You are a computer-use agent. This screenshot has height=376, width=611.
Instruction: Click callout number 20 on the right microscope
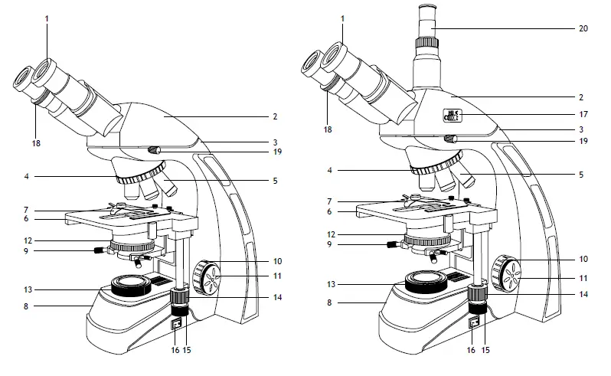coord(583,28)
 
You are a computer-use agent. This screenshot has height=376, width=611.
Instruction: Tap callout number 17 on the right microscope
coord(583,115)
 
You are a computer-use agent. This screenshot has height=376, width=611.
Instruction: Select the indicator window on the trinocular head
coord(454,116)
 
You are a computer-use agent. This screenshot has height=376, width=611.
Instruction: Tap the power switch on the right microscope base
coord(473,325)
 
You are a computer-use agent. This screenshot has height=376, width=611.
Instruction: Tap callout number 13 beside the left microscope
coord(28,289)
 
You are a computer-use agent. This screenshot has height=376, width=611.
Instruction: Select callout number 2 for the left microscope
coord(275,117)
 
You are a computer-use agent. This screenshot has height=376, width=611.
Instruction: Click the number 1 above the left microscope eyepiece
coord(47,18)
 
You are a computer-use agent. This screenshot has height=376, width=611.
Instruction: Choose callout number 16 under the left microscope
coord(175,350)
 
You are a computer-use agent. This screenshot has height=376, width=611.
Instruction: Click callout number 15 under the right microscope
coord(485,350)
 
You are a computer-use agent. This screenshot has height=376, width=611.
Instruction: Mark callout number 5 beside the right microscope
coord(582,175)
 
